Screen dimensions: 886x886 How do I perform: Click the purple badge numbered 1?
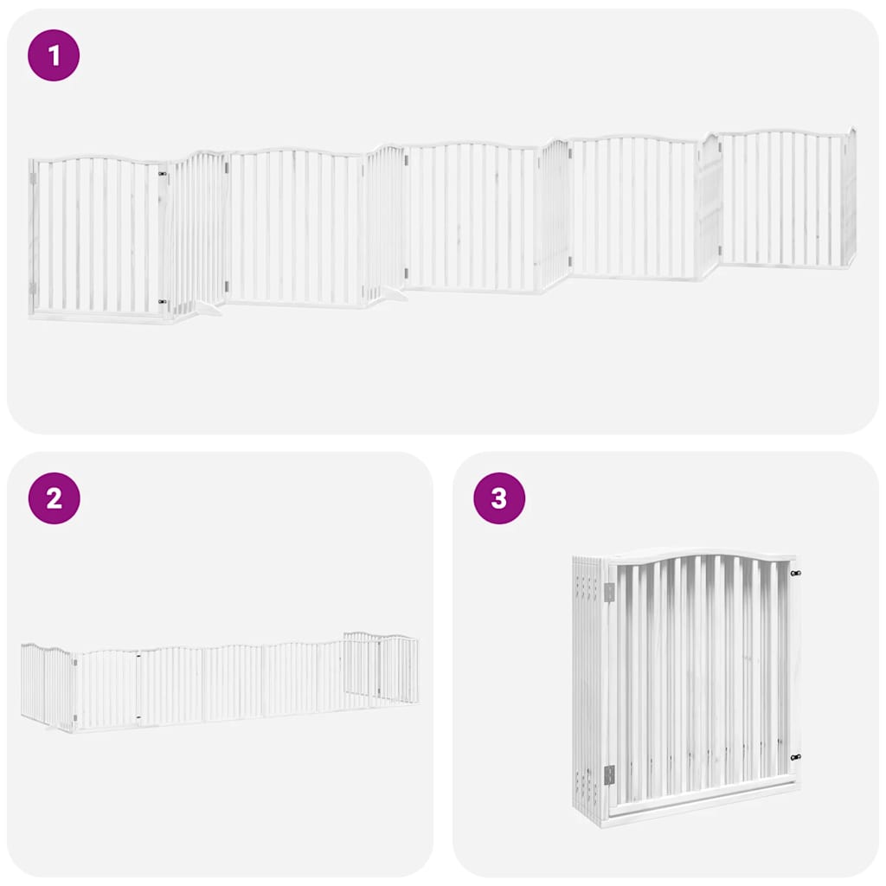[54, 56]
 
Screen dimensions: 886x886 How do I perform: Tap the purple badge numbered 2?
[54, 498]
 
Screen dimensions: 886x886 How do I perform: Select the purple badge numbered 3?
[499, 498]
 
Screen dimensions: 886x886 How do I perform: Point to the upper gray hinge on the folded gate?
[609, 593]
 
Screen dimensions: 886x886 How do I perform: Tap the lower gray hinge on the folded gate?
[609, 774]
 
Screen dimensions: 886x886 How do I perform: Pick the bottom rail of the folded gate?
[701, 810]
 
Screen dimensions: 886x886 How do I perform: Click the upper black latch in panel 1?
[163, 173]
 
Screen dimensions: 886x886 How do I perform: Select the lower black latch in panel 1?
[163, 302]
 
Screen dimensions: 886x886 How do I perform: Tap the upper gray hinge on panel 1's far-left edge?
[34, 178]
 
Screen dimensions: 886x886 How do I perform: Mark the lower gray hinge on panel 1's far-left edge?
[34, 287]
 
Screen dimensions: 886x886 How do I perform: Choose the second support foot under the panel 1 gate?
[394, 295]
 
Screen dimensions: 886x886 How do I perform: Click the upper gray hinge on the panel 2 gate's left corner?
[74, 663]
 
